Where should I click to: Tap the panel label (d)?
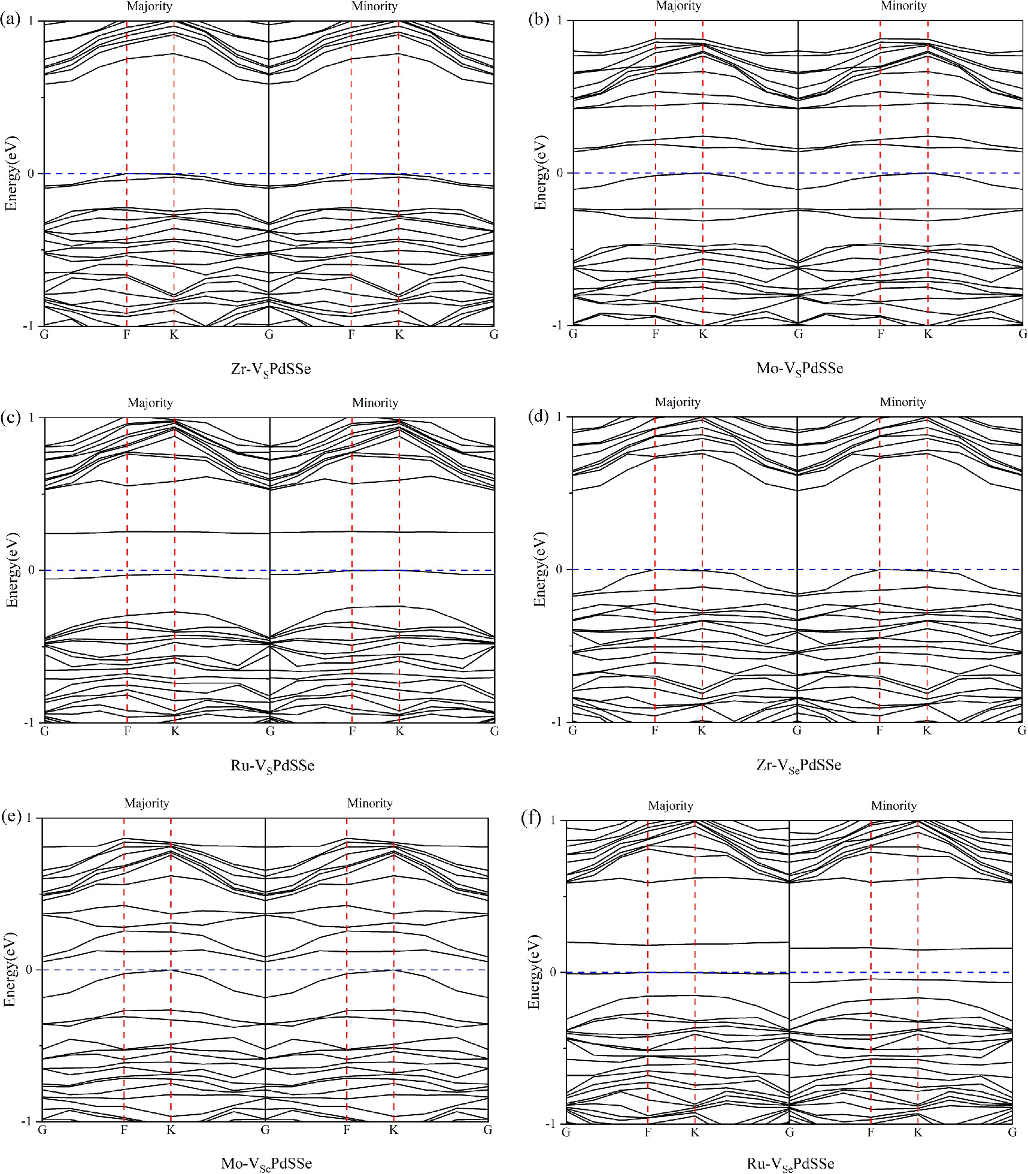coord(538,416)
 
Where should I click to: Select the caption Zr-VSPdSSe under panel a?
coord(271,369)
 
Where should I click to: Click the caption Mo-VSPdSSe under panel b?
coord(799,368)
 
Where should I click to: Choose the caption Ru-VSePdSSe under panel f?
coord(790,1164)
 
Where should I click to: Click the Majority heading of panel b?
coord(678,6)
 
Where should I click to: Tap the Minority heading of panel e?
coord(369,803)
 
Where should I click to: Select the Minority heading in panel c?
coord(375,403)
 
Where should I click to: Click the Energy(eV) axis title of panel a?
coord(11,174)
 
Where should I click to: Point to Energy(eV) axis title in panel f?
coord(533,972)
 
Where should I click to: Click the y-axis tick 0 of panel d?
coord(559,569)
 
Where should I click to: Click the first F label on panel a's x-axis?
coord(126,335)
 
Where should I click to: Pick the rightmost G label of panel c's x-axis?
coord(494,731)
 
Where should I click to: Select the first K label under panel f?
coord(695,1133)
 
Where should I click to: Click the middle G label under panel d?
coord(797,731)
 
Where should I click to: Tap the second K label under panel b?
coord(927,334)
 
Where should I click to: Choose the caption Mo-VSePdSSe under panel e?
coord(266,1164)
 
